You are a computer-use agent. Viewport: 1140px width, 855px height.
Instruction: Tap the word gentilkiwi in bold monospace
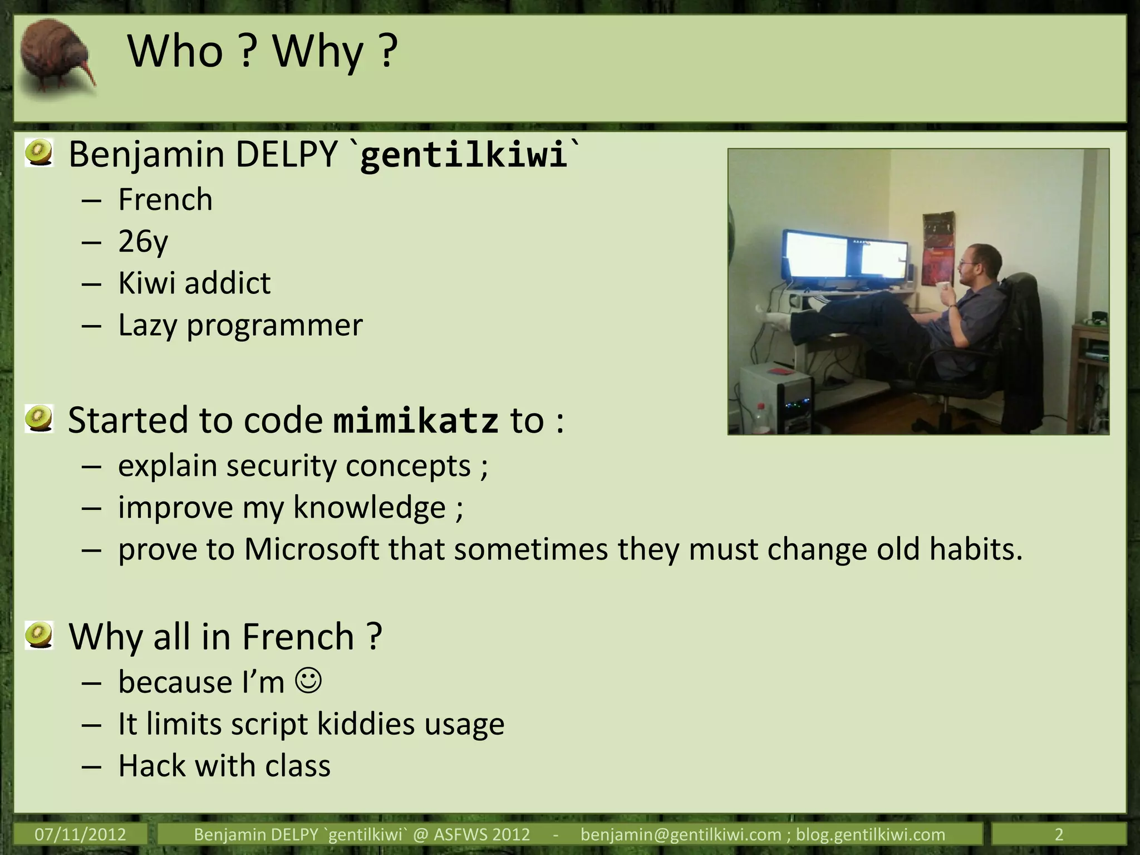tap(463, 155)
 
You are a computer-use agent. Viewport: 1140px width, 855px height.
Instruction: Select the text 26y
tap(142, 242)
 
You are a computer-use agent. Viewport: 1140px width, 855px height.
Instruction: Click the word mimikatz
tap(415, 421)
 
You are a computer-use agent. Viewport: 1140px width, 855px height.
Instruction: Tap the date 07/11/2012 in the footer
tap(80, 834)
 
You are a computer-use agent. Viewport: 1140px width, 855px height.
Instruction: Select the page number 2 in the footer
tap(1059, 834)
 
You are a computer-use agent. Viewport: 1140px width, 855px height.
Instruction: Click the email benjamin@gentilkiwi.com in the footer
tap(680, 834)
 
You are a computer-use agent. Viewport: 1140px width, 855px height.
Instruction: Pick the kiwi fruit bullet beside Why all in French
tap(39, 635)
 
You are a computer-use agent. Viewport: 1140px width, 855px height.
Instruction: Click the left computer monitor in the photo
tap(814, 256)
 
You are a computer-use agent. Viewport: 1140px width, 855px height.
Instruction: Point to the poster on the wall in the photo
tap(938, 248)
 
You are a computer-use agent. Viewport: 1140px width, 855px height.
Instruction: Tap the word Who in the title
tap(175, 51)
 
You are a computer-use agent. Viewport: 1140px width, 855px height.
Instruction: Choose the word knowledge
tap(369, 508)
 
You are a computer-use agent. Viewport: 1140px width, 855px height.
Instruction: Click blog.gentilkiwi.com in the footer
tap(871, 834)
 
